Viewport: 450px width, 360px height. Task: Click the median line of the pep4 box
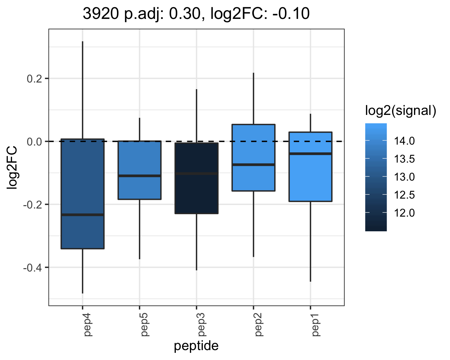click(x=82, y=214)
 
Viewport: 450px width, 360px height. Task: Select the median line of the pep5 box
click(x=139, y=176)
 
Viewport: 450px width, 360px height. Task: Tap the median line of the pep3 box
click(x=196, y=173)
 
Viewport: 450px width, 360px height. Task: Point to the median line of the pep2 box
click(x=253, y=165)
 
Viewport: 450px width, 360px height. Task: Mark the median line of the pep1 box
click(x=310, y=154)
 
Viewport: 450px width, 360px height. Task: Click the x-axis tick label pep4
click(x=87, y=325)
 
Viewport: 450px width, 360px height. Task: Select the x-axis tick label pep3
click(x=201, y=325)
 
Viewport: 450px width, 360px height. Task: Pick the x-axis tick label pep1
click(x=315, y=325)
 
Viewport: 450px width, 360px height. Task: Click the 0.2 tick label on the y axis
click(x=34, y=79)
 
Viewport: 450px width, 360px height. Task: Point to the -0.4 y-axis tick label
click(x=33, y=268)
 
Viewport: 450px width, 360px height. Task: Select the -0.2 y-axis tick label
click(x=33, y=205)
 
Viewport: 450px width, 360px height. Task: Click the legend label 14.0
click(x=404, y=141)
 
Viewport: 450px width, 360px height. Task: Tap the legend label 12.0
click(x=404, y=213)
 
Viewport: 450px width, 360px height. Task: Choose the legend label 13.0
click(x=404, y=177)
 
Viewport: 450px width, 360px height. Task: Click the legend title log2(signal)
click(x=401, y=111)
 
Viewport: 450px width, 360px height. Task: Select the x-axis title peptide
click(x=196, y=346)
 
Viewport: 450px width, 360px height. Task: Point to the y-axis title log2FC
click(x=12, y=168)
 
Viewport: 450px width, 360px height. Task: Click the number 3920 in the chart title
click(x=101, y=13)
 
